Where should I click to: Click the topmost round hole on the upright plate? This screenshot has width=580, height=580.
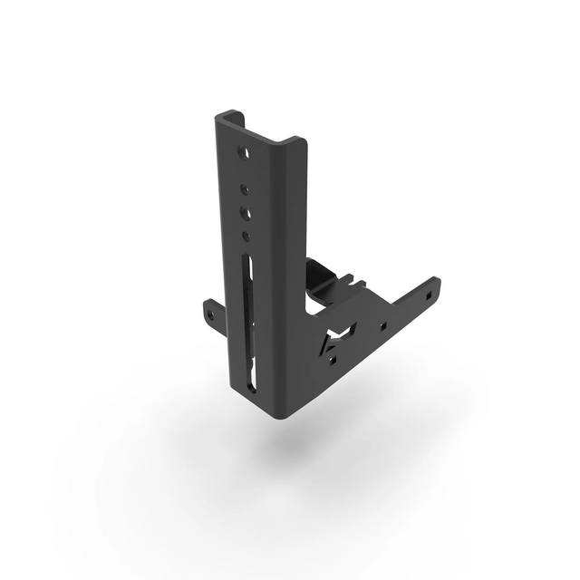tap(243, 152)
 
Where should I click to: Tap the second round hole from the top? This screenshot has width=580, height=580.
tap(245, 190)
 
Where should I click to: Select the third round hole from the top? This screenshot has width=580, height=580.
tap(246, 214)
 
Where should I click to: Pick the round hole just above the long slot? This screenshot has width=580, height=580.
tap(246, 237)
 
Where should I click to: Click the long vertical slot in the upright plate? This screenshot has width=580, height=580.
tap(249, 308)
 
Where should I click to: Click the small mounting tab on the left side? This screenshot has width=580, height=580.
tap(212, 313)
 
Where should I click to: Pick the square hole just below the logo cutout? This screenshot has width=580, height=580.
tap(333, 361)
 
